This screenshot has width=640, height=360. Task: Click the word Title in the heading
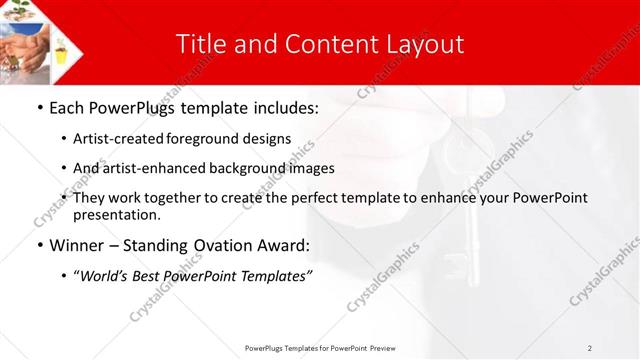(201, 44)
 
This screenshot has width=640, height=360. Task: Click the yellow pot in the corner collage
(63, 47)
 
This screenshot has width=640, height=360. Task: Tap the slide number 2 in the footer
(590, 347)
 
